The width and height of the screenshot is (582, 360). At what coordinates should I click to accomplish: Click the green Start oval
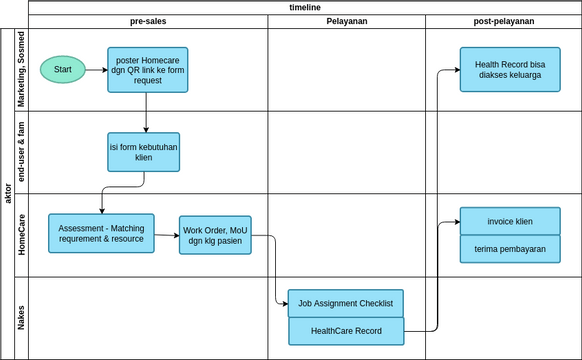pyautogui.click(x=63, y=70)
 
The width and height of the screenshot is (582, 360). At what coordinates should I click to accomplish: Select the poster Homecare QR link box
pyautogui.click(x=147, y=70)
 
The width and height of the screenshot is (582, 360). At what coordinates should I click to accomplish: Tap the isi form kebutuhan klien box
pyautogui.click(x=144, y=152)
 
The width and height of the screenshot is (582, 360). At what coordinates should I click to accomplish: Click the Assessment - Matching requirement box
pyautogui.click(x=102, y=233)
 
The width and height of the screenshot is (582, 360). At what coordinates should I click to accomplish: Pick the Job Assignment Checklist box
pyautogui.click(x=345, y=303)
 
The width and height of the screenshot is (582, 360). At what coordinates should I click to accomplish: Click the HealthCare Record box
pyautogui.click(x=345, y=330)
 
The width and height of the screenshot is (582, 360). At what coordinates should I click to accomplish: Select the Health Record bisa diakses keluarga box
pyautogui.click(x=510, y=70)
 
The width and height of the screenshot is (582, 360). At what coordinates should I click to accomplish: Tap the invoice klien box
pyautogui.click(x=510, y=221)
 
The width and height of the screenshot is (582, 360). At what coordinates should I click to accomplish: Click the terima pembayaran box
pyautogui.click(x=510, y=250)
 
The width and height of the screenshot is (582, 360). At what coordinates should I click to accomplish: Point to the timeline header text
pyautogui.click(x=304, y=7)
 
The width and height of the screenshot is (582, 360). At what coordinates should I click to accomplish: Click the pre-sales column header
pyautogui.click(x=148, y=21)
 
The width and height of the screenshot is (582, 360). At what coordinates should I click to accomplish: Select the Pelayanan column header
pyautogui.click(x=346, y=21)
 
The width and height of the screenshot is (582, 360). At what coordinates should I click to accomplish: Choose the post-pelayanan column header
pyautogui.click(x=503, y=21)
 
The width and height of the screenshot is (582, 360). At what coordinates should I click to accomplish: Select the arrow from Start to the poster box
pyautogui.click(x=97, y=70)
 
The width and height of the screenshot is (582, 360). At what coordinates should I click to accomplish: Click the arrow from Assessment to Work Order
pyautogui.click(x=167, y=236)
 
